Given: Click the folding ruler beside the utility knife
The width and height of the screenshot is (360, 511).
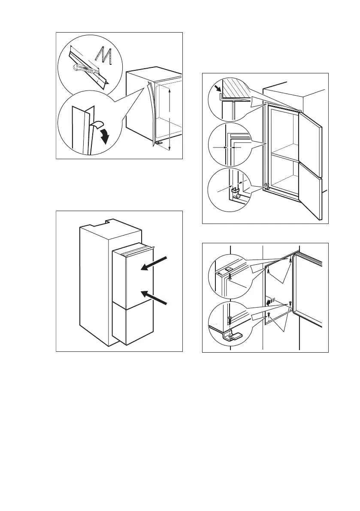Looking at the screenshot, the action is (x=106, y=56).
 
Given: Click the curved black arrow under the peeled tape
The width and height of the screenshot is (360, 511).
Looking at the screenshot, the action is (x=104, y=137).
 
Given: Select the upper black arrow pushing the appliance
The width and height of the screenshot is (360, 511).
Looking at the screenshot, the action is (x=154, y=263).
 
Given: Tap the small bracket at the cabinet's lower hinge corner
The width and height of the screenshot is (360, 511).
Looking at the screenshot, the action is (x=267, y=186).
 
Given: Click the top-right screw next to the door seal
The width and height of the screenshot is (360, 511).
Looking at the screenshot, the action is (x=291, y=260).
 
